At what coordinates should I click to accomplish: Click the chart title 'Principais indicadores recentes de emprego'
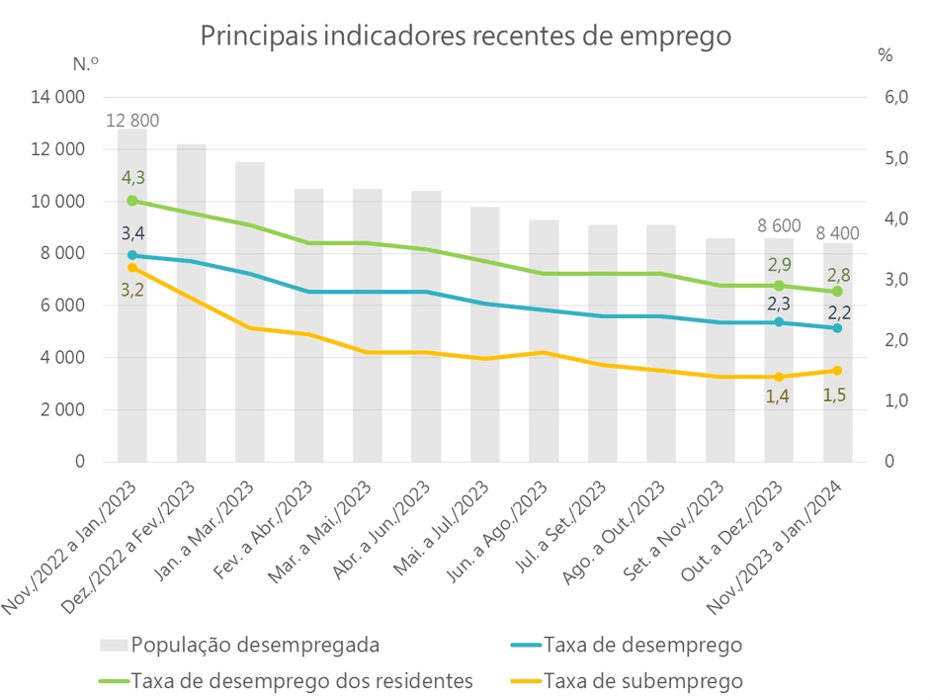[x=466, y=36]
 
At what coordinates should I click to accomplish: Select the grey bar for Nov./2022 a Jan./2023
[x=132, y=376]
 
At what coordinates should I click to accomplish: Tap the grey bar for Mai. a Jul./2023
[x=485, y=395]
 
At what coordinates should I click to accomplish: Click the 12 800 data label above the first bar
[x=132, y=121]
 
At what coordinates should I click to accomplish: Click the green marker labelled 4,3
[x=132, y=201]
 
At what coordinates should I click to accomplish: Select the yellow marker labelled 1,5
[x=837, y=371]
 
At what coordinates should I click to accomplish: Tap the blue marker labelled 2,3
[x=779, y=322]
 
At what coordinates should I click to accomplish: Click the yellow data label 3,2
[x=132, y=290]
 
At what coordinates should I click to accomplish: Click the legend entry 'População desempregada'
[x=255, y=646]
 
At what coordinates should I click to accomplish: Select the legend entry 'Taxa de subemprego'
[x=642, y=681]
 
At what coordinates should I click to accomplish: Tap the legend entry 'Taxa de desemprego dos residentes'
[x=301, y=681]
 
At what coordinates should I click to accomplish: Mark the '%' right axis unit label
[x=885, y=56]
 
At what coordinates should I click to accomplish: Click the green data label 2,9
[x=779, y=265]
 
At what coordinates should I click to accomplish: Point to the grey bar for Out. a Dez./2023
[x=779, y=395]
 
